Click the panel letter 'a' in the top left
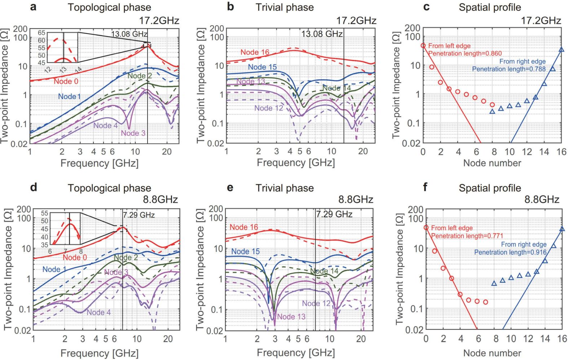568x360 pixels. click(x=33, y=7)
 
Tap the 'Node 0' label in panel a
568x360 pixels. click(x=66, y=82)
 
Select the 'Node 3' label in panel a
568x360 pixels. click(x=133, y=133)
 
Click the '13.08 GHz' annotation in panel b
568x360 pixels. click(x=322, y=34)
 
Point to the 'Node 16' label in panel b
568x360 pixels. click(x=255, y=52)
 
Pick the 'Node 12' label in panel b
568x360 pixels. click(x=268, y=108)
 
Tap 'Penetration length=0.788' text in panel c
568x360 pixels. click(x=509, y=69)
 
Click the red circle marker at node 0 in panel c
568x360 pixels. click(x=423, y=45)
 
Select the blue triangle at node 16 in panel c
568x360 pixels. click(x=561, y=49)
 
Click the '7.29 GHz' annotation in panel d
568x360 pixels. click(x=139, y=215)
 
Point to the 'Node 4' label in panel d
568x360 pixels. click(x=98, y=312)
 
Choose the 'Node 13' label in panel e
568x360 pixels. click(x=291, y=317)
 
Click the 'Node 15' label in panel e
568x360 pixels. click(x=245, y=251)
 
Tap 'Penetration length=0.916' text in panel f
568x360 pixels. click(x=510, y=252)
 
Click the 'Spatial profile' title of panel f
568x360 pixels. click(x=490, y=188)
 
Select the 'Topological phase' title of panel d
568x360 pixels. click(x=109, y=188)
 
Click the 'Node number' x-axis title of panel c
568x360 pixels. click(x=492, y=163)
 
